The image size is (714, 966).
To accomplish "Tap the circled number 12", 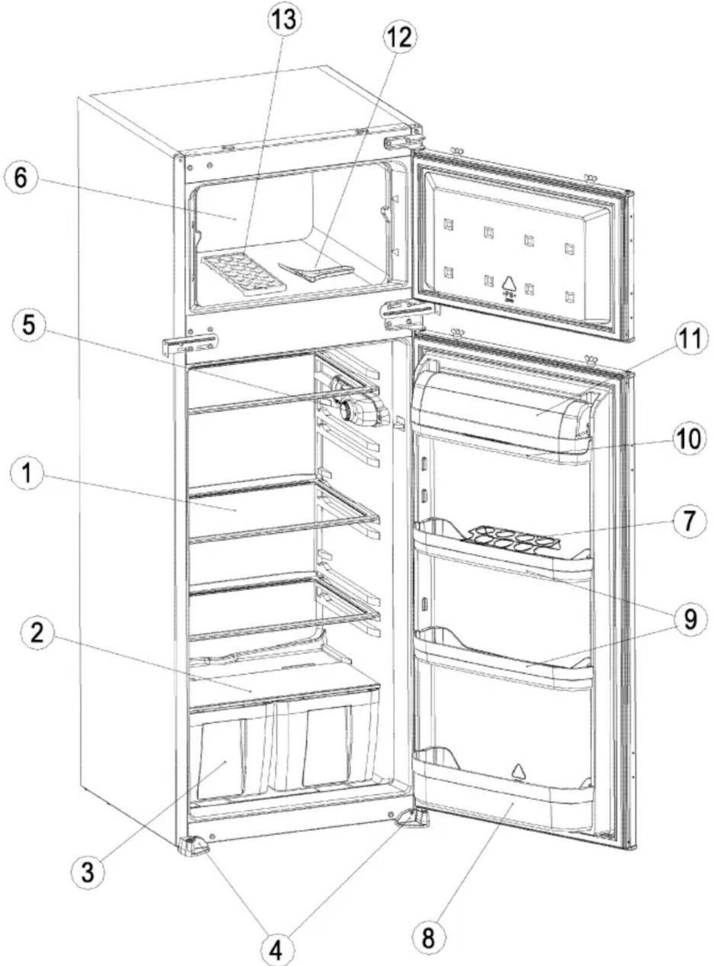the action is [x=399, y=38].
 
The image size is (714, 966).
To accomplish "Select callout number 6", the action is [x=21, y=177].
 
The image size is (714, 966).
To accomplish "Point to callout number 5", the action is [x=28, y=325].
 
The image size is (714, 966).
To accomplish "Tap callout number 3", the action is [x=87, y=873].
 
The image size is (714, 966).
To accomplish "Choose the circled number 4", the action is [x=276, y=951].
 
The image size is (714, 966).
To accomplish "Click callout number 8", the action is [x=428, y=938].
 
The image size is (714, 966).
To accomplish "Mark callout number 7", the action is [x=690, y=521].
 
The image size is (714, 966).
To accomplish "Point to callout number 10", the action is [x=689, y=439].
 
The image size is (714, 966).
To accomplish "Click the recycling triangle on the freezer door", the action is [x=509, y=283].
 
